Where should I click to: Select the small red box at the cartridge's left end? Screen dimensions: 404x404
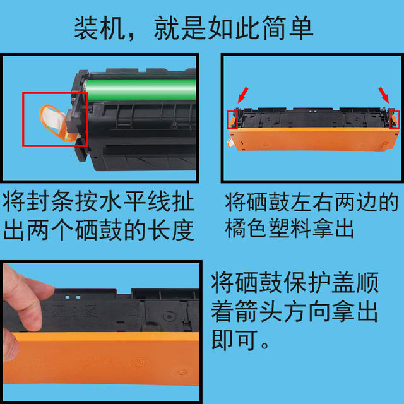click(x=232, y=119)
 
